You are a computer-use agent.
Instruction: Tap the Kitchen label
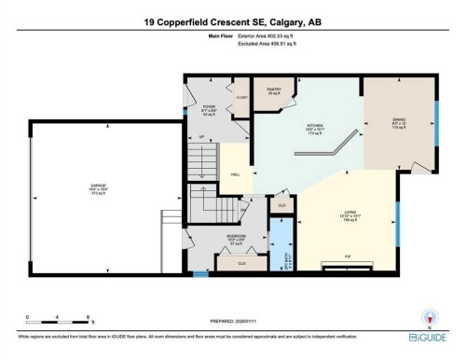tap(315, 129)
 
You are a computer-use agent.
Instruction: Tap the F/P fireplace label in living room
tap(347, 255)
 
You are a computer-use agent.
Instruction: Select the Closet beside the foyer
tap(242, 96)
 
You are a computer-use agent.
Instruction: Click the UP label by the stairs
tap(202, 137)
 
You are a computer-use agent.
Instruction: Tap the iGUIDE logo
tap(428, 334)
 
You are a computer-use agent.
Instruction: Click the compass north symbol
tap(428, 316)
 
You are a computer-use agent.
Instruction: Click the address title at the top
tap(232, 21)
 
